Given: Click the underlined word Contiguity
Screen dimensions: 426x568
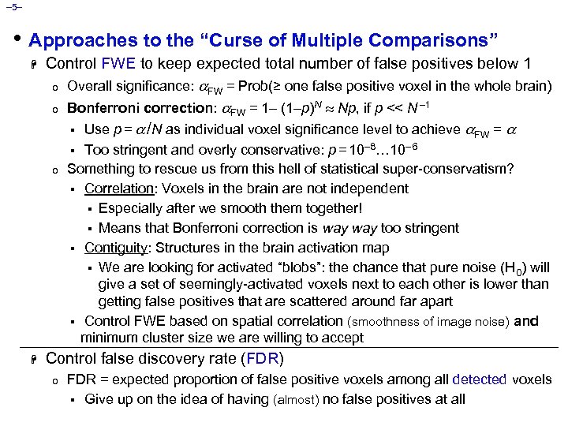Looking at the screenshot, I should [x=114, y=248].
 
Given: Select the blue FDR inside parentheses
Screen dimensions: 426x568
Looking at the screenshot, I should [x=261, y=359].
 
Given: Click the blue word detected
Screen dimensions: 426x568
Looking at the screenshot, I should [x=480, y=379].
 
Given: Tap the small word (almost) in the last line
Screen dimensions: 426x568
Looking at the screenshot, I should [x=295, y=400].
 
